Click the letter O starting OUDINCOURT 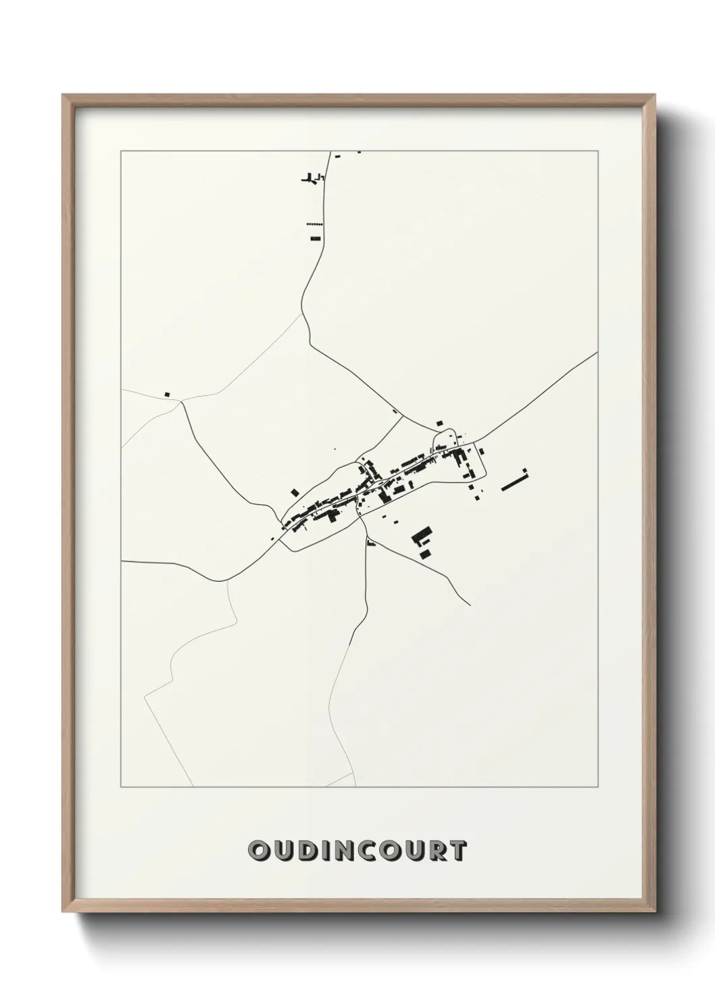click(258, 851)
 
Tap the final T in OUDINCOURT click(457, 851)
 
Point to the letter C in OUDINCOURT click(365, 851)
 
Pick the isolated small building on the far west click(167, 394)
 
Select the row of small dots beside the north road click(315, 224)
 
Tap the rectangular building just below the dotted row click(315, 238)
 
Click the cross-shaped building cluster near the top click(312, 178)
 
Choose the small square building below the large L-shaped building click(425, 554)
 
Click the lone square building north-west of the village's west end click(294, 493)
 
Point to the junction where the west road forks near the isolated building click(181, 401)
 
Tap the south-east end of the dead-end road click(470, 605)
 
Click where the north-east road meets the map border click(597, 352)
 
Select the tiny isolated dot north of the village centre click(335, 449)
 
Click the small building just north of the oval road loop click(440, 423)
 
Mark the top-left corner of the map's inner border click(121, 151)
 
